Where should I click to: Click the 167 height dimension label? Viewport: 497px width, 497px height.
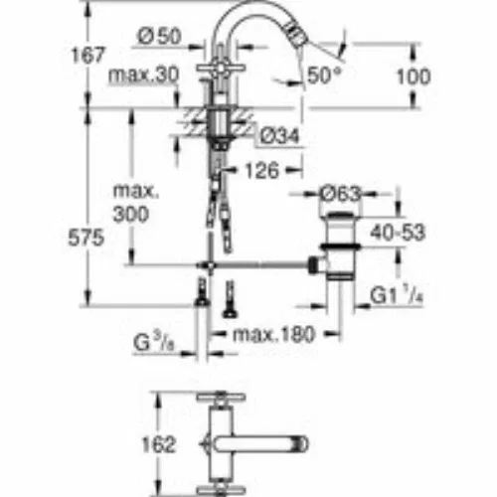coord(87,55)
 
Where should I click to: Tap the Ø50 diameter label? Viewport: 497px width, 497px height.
coord(160,36)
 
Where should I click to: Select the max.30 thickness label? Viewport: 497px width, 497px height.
coord(143,76)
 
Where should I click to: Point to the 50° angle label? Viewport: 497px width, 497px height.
coord(324,76)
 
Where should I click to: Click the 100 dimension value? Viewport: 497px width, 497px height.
coord(414,77)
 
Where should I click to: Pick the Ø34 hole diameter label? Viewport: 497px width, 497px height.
coord(279,136)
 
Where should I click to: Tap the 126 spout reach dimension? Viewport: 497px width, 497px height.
coord(262,171)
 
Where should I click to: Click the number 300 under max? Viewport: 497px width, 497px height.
coord(131,215)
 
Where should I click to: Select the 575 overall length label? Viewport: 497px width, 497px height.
coord(85,238)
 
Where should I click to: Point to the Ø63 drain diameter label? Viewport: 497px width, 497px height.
coord(340,194)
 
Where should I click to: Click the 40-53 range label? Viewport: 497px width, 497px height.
coord(398,233)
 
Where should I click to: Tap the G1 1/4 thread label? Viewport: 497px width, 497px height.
coord(397,295)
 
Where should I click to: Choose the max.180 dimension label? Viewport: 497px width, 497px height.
coord(273,334)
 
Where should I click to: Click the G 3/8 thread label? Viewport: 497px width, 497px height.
coord(154,343)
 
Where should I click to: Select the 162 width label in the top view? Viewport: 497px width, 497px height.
coord(158,444)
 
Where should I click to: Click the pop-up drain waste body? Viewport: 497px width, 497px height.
coord(340,247)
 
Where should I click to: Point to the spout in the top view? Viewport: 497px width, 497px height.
coord(259,444)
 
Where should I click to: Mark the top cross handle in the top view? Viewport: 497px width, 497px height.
coord(221,397)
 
